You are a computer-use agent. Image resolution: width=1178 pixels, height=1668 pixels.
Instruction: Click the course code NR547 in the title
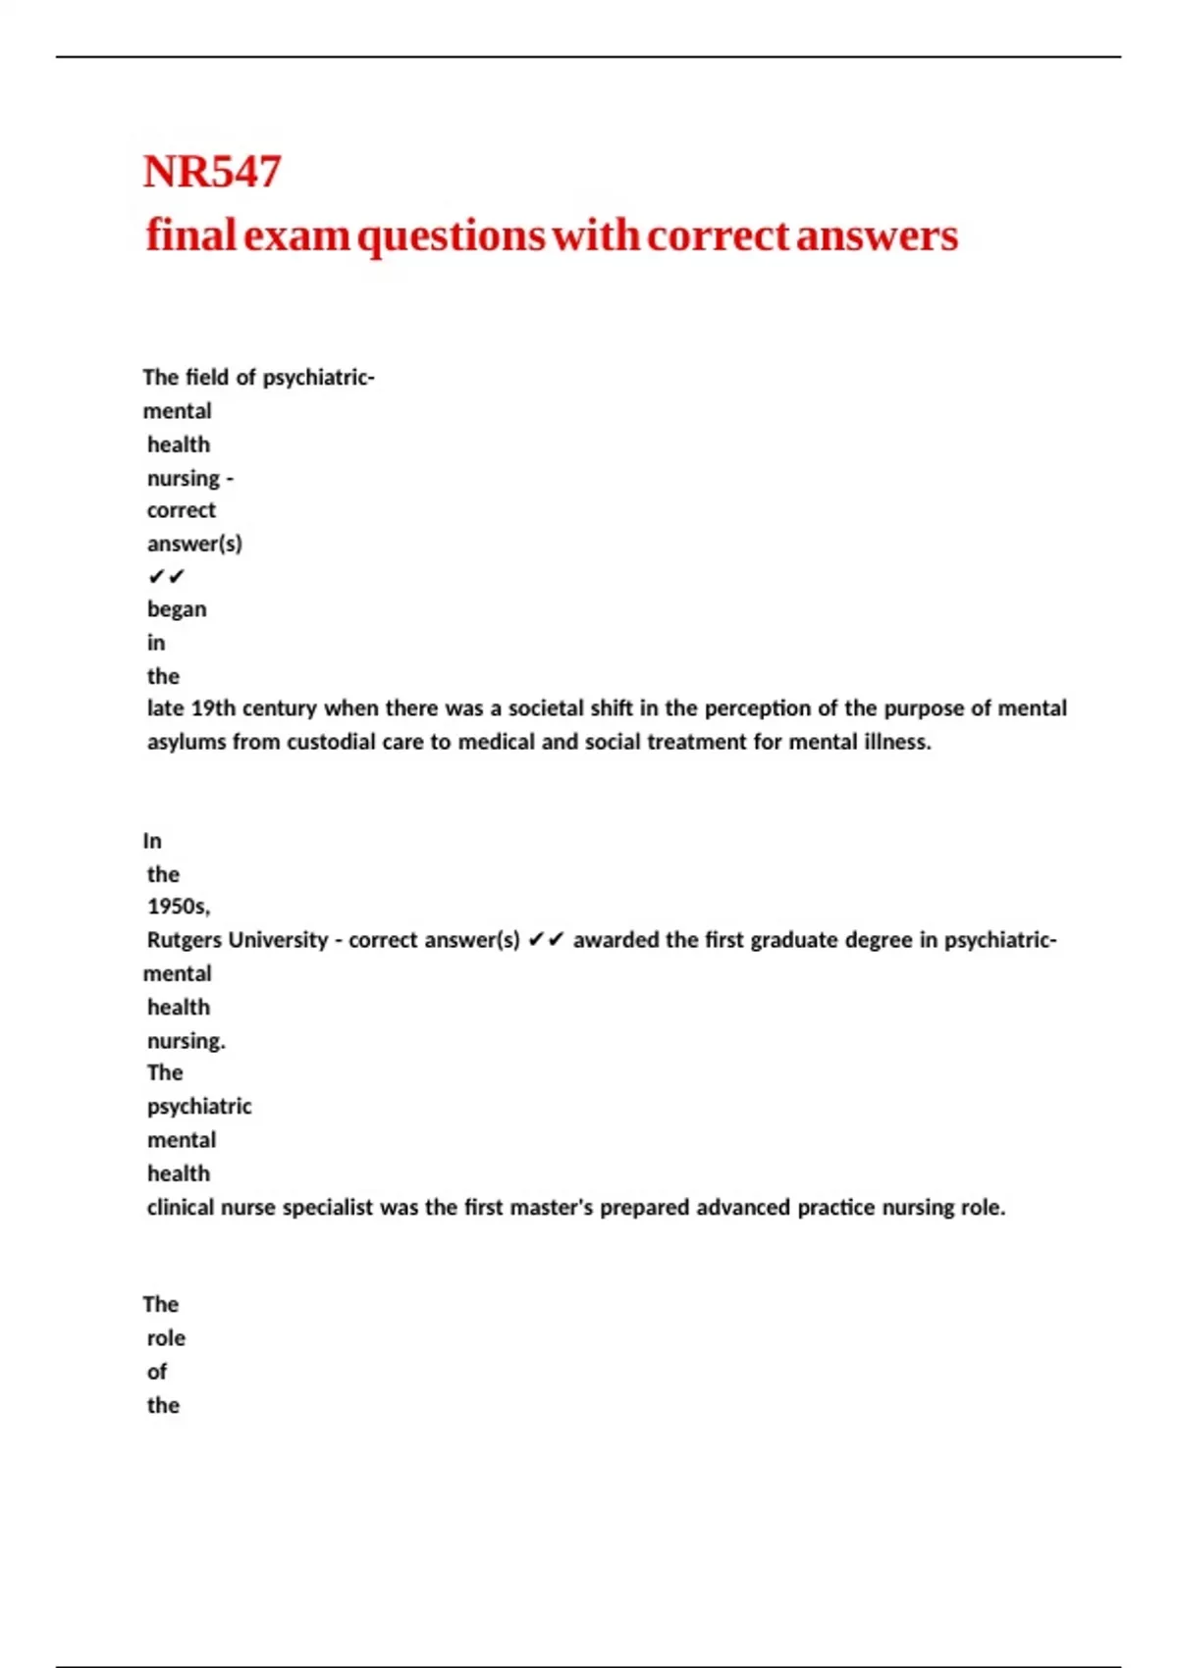coord(212,172)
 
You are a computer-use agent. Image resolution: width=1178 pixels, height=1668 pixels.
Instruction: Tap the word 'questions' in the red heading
coord(451,236)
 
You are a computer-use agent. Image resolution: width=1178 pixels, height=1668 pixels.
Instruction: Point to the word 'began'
coord(177,609)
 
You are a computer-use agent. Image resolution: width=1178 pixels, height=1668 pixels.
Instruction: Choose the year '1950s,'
coord(179,906)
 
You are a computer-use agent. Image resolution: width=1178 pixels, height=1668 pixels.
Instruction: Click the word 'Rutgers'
coord(185,940)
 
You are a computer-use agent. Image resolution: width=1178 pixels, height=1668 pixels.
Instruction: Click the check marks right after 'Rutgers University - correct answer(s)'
coord(546,940)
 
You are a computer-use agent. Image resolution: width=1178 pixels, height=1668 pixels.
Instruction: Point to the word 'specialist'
coord(328,1208)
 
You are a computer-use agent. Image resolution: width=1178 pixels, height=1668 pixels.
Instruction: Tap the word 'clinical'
coord(181,1208)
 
